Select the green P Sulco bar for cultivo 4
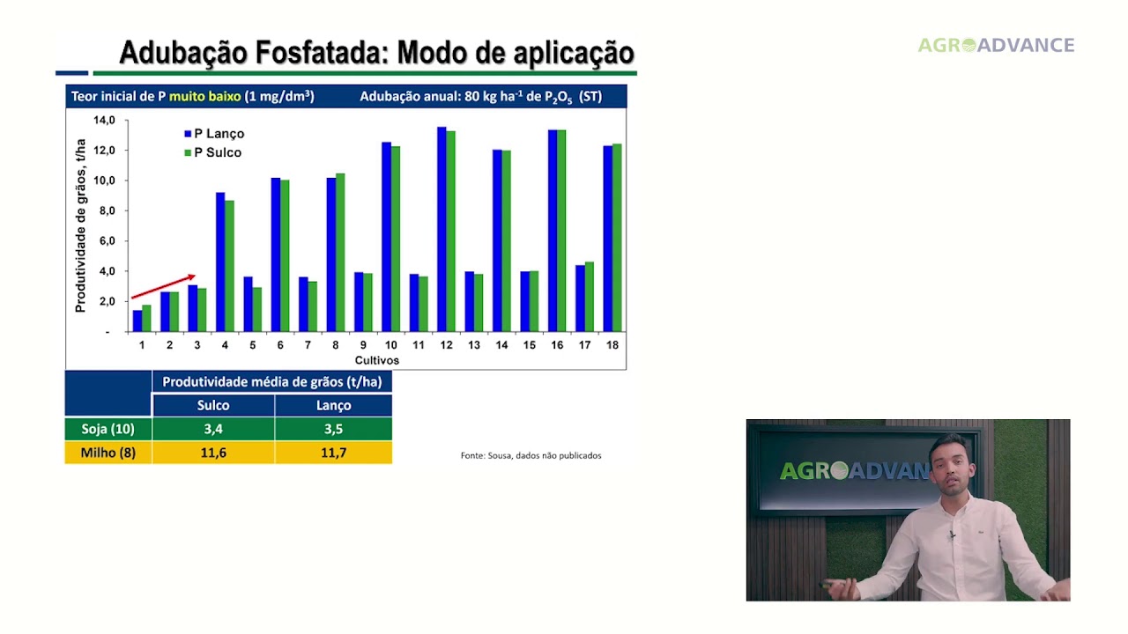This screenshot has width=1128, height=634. pos(230,266)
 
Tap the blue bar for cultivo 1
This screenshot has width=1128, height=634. pos(137,321)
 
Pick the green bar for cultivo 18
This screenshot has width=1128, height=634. pos(617,238)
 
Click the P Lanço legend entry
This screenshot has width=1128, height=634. pos(214,134)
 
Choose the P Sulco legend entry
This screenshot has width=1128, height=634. pos(212,152)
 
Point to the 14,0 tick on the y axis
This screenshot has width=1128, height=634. pos(105,121)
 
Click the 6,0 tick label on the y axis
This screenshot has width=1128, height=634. pos(105,241)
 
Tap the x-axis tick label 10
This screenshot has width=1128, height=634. pos(390,345)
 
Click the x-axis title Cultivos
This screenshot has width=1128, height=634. pos(377,360)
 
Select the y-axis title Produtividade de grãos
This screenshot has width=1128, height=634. pos(81,225)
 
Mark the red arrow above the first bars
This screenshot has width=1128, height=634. pos(163,287)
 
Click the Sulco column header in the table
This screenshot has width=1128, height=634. pos(213,406)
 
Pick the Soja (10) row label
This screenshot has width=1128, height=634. pos(108,429)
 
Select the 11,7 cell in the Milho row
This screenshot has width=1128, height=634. pos(333,453)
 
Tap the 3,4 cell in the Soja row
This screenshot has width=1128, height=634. pos(213,429)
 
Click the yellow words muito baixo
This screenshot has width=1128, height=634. pos(204,96)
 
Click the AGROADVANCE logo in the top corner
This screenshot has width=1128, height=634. pos(996,45)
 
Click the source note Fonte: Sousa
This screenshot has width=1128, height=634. pos(531,455)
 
